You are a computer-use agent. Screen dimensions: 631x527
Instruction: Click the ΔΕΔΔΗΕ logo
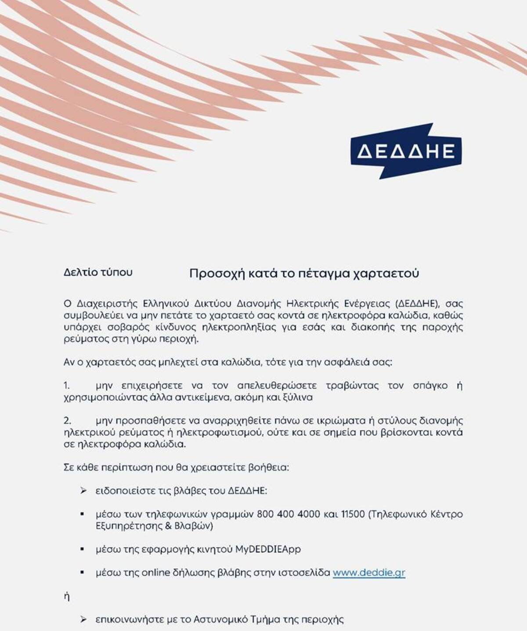(406, 151)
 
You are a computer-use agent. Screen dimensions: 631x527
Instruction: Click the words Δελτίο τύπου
(98, 272)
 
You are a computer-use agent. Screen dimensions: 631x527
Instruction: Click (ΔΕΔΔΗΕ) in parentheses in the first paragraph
(416, 304)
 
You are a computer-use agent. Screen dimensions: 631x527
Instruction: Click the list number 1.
(67, 386)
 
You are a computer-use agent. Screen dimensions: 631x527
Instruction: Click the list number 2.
(67, 421)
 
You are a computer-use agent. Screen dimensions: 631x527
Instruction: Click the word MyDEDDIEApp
(268, 549)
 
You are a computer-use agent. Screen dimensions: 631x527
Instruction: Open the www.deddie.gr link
(369, 573)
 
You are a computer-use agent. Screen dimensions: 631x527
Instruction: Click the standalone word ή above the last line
(67, 597)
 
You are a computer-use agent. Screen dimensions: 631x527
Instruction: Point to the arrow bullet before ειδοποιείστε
(83, 491)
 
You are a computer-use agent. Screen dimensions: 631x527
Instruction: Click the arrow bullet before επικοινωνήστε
(83, 620)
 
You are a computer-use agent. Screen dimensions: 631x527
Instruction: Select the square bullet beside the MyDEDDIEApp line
(82, 549)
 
